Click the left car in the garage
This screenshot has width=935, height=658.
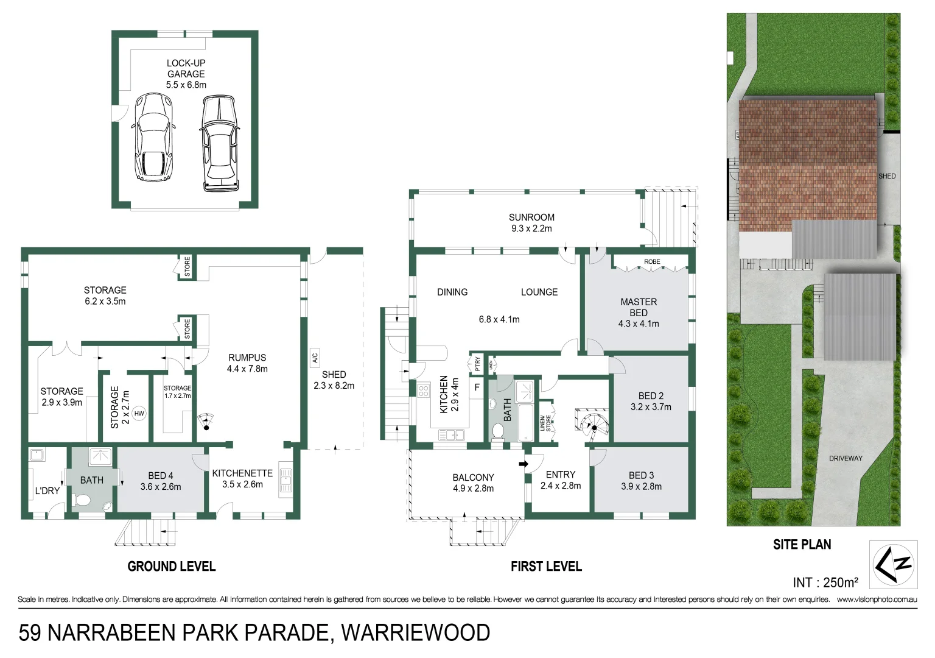(x=153, y=137)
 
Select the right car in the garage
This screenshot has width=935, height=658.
(x=219, y=143)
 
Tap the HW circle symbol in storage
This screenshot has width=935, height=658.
(x=139, y=414)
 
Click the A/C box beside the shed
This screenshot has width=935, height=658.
(x=315, y=357)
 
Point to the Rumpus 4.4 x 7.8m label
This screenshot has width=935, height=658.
(x=247, y=363)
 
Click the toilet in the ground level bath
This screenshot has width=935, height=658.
(x=82, y=500)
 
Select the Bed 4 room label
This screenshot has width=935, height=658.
(x=161, y=481)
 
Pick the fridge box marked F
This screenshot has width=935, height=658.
(x=477, y=386)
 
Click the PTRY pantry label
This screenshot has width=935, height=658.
(x=477, y=364)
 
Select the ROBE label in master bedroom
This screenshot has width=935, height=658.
(x=652, y=262)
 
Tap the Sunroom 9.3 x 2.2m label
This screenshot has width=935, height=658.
(x=531, y=222)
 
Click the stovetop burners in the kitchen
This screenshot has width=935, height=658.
(x=424, y=390)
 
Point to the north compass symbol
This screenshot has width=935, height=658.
(x=892, y=564)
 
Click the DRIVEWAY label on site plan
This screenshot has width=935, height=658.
(x=846, y=458)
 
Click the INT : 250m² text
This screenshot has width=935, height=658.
(x=825, y=582)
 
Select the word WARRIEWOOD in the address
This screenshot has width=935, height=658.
(x=415, y=633)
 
